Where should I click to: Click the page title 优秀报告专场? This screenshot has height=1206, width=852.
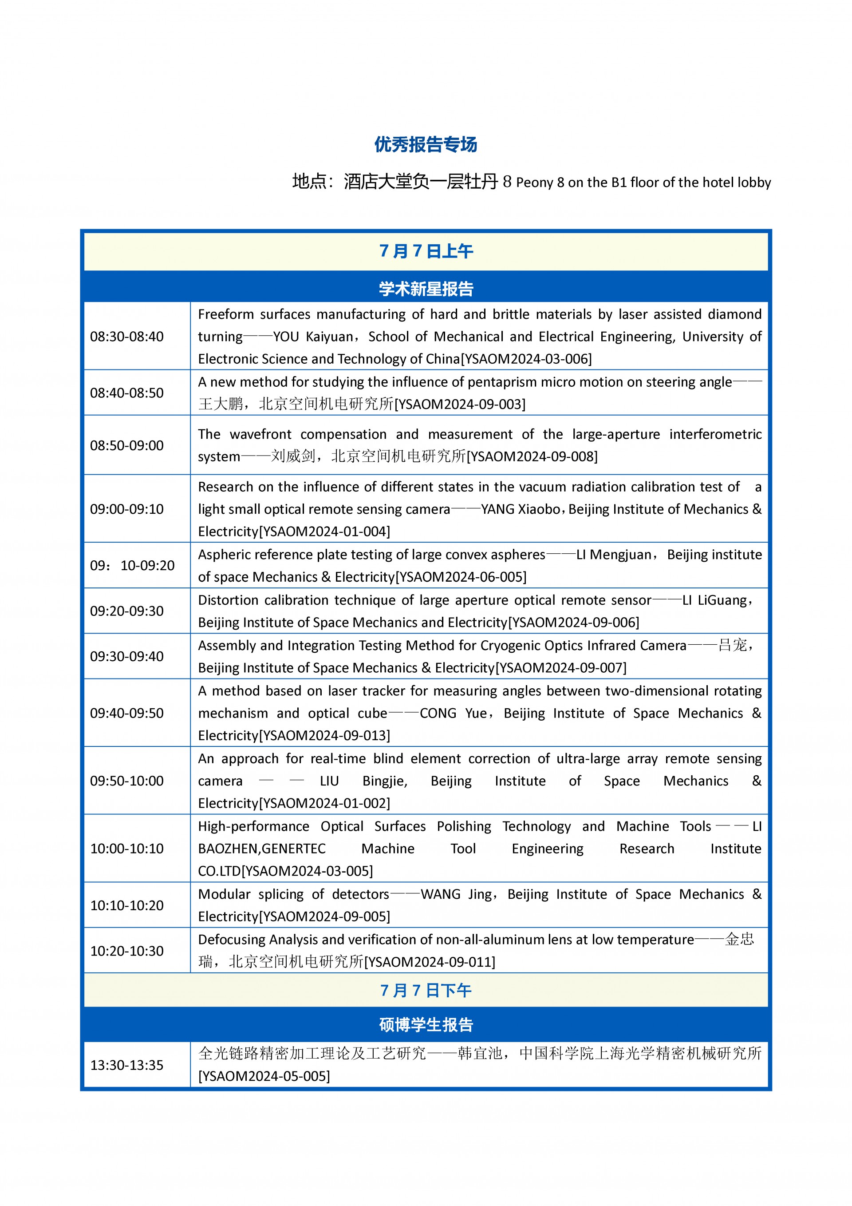tap(426, 144)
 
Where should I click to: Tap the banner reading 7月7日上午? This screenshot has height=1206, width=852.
tap(426, 251)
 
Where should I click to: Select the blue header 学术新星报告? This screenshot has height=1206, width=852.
tap(426, 288)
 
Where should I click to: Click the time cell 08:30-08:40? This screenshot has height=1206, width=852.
tap(126, 336)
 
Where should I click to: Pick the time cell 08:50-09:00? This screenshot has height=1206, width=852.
tap(126, 445)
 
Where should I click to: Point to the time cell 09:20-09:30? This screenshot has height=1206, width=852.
tap(126, 611)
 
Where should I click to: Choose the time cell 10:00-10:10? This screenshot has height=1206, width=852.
tap(126, 848)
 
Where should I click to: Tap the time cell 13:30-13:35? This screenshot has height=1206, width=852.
tap(126, 1065)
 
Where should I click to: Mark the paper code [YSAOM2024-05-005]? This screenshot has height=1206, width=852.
tap(264, 1076)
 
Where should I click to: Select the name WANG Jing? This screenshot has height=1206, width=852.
tap(456, 894)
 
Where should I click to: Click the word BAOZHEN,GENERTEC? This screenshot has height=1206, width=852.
tap(261, 848)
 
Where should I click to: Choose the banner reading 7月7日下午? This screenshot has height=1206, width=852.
tap(426, 991)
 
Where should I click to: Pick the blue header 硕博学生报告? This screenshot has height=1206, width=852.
tap(426, 1025)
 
